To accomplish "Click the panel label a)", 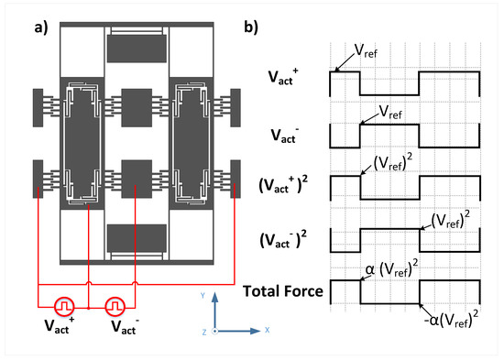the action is click(41, 28).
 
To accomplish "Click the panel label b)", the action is click(251, 27).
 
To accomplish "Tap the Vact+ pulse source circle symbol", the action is click(64, 307).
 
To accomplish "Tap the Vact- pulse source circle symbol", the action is click(115, 307).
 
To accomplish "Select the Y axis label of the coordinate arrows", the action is click(203, 295).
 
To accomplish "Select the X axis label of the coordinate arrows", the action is click(267, 330).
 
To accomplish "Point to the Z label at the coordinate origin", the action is click(204, 332).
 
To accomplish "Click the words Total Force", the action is click(283, 291).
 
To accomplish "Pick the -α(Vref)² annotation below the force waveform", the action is click(451, 319).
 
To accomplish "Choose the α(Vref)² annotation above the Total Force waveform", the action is click(392, 268).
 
